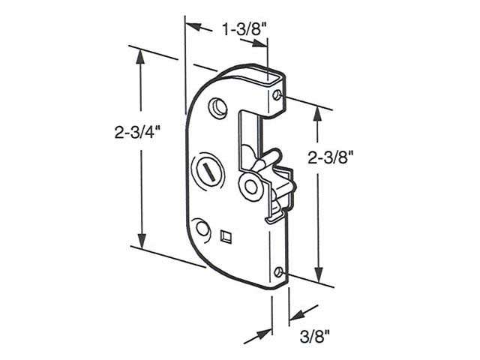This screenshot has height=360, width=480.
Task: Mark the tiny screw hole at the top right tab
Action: click(x=278, y=95)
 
